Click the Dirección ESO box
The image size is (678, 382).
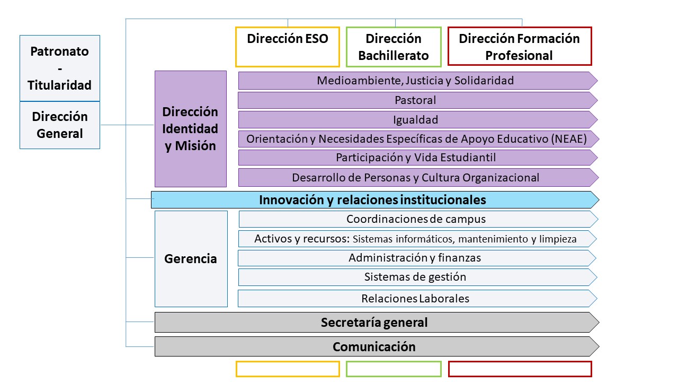(288, 47)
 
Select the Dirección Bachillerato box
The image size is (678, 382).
(394, 47)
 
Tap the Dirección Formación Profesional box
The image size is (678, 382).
(520, 46)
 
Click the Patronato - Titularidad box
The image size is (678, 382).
(60, 68)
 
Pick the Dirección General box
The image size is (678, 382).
(60, 125)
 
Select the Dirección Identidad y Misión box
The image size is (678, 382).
(191, 129)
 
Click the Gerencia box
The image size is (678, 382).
(191, 259)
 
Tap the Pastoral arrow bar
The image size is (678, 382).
(418, 100)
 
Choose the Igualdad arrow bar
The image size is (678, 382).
(418, 120)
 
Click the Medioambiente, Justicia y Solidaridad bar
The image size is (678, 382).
(418, 81)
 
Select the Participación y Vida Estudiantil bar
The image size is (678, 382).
(418, 158)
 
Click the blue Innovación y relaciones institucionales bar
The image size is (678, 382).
(375, 200)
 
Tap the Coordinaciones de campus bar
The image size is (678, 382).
(418, 219)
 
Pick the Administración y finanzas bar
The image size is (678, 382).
(417, 258)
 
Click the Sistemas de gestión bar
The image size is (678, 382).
(418, 277)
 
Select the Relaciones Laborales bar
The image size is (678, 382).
(417, 299)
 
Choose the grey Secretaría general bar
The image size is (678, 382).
(377, 322)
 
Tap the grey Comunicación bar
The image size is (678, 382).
(377, 346)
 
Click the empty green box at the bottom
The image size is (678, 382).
(394, 362)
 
